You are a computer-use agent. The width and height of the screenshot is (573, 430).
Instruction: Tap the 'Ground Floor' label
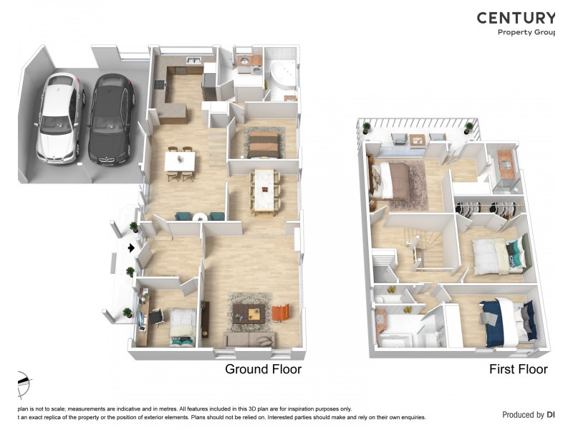coord(263,370)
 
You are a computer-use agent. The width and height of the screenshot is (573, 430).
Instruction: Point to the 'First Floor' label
coord(518,370)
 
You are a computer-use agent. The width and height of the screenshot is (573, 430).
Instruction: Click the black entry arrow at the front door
coord(130,248)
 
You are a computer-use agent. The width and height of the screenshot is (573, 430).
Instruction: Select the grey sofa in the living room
coord(250,339)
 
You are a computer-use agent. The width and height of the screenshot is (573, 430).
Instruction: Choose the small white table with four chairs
coord(179,162)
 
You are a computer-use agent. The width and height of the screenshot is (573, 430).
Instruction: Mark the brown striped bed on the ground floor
coord(262,141)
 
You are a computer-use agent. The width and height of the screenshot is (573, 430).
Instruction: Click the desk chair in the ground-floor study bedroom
coord(155,316)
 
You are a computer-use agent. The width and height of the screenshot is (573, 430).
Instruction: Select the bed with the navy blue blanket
coord(510,320)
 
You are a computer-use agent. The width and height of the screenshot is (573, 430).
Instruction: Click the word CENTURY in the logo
coord(515,18)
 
